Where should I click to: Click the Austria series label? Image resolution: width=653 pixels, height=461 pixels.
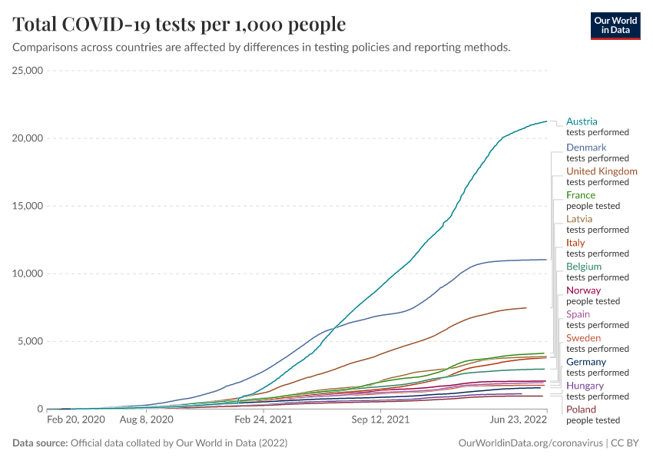pyautogui.click(x=582, y=121)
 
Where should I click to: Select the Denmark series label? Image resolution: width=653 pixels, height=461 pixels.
pyautogui.click(x=586, y=148)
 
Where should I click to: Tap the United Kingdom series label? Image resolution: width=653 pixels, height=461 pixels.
pyautogui.click(x=602, y=171)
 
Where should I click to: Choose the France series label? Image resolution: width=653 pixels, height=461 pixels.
pyautogui.click(x=581, y=195)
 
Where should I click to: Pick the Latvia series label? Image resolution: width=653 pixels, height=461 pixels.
pyautogui.click(x=579, y=219)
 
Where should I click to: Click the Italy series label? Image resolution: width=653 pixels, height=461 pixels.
pyautogui.click(x=575, y=243)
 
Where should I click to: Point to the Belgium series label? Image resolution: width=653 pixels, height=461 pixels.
pyautogui.click(x=584, y=267)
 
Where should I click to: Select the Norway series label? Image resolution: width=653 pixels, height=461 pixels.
pyautogui.click(x=583, y=290)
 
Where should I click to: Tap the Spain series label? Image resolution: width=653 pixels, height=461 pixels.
pyautogui.click(x=578, y=314)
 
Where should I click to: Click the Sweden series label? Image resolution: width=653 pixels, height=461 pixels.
pyautogui.click(x=583, y=338)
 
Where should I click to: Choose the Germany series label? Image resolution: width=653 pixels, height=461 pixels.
pyautogui.click(x=586, y=362)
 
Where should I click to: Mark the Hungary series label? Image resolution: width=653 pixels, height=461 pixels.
pyautogui.click(x=585, y=386)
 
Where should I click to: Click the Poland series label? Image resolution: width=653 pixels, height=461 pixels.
pyautogui.click(x=581, y=410)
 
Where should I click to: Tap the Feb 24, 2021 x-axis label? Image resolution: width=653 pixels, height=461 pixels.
pyautogui.click(x=264, y=420)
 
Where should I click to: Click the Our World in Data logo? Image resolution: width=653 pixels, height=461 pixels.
pyautogui.click(x=615, y=25)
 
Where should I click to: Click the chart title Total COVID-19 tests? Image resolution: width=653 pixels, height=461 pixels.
pyautogui.click(x=179, y=25)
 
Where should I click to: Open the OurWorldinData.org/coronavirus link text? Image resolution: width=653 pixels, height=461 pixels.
pyautogui.click(x=530, y=443)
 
